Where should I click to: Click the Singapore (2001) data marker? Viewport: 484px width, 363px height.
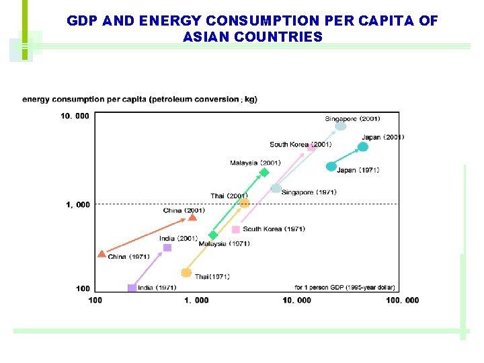[341, 126]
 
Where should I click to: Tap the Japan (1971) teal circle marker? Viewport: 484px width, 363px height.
[331, 166]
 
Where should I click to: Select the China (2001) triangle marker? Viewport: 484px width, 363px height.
[193, 217]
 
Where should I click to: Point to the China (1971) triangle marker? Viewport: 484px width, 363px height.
[102, 254]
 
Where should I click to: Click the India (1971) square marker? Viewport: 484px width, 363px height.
[131, 288]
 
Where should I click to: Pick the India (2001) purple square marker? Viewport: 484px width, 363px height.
[167, 247]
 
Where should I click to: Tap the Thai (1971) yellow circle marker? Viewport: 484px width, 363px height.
[186, 272]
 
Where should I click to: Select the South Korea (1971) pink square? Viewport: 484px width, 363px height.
[235, 229]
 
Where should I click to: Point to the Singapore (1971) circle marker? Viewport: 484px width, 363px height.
[276, 188]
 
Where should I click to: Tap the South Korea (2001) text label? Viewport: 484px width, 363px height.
[300, 145]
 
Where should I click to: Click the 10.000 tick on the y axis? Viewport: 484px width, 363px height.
[75, 116]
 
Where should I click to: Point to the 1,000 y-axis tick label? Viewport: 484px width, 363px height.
[78, 205]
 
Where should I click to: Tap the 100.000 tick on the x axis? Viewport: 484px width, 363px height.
[403, 300]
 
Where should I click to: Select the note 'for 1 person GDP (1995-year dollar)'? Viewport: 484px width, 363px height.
[345, 288]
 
